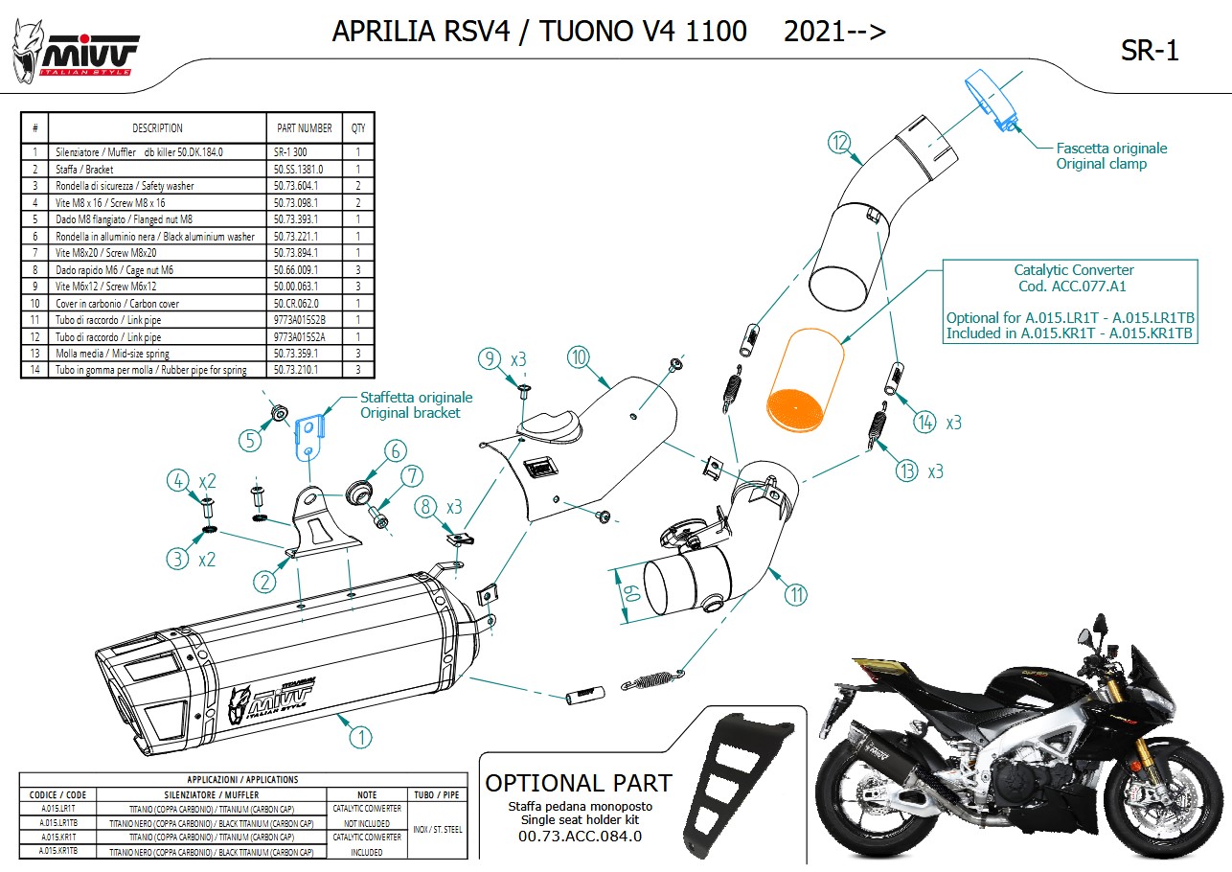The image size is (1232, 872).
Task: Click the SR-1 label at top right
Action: point(1150,52)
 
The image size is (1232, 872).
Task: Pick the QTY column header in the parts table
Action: point(357,127)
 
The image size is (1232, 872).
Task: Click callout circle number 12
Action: point(840,144)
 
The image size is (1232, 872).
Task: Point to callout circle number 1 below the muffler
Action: point(360,737)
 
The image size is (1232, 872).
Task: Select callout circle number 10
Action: point(578,357)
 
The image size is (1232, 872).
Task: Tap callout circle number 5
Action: point(250,440)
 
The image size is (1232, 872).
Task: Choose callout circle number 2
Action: point(264,581)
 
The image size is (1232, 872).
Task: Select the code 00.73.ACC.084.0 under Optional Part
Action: point(580,836)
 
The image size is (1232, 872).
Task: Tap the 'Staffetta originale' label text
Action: point(416,398)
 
